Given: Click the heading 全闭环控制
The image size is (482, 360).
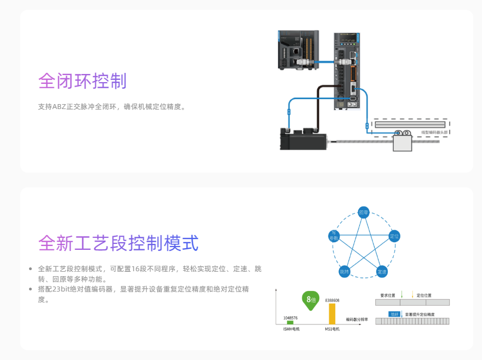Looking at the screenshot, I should [x=82, y=81].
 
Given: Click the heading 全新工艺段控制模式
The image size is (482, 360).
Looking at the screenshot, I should [x=118, y=243].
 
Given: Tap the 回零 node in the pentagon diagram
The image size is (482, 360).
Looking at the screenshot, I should [x=363, y=212].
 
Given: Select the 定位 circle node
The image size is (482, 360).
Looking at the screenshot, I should [x=393, y=236].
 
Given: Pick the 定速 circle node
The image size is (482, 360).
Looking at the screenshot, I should [x=382, y=271].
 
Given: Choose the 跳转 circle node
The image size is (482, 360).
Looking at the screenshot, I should [x=344, y=271].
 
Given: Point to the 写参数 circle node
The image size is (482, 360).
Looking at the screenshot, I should [x=334, y=236].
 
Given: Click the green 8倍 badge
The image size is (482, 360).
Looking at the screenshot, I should [x=310, y=300].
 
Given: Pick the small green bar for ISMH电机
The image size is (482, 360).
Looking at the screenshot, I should [x=290, y=323].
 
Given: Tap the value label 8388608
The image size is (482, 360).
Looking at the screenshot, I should [x=332, y=300].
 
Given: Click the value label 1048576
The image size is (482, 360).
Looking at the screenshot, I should [x=290, y=317].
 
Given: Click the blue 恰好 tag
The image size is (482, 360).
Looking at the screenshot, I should [x=394, y=314].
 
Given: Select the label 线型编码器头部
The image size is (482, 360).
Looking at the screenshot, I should [x=434, y=132].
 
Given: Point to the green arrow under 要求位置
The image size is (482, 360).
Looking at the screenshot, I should [x=401, y=295].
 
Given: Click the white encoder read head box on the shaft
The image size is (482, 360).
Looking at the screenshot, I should [x=403, y=144].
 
